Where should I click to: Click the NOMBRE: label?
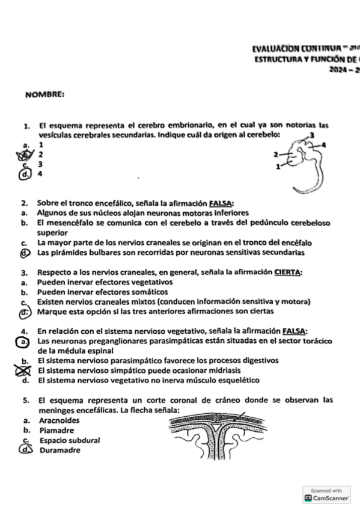point(45,94)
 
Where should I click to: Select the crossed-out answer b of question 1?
point(24,155)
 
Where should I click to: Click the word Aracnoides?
point(60,420)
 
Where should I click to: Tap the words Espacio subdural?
point(69,440)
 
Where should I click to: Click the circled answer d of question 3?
point(25,312)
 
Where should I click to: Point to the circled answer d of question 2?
point(24,253)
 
